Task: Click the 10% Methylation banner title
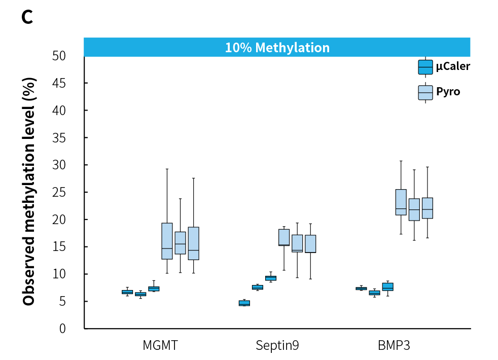pos(277,48)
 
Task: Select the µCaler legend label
pos(453,66)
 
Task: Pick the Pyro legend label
pos(448,92)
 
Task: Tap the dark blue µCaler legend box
pos(425,67)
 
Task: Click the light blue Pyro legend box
pos(425,92)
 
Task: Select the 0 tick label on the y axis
pos(62,329)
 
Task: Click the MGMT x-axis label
pos(160,346)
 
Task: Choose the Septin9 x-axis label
pos(277,346)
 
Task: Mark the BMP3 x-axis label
pos(394,346)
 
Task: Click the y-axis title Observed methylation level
pos(29,192)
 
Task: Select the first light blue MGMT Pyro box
pos(167,241)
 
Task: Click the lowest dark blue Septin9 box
pos(244,303)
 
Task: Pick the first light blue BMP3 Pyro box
pos(401,202)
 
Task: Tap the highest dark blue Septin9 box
pos(270,278)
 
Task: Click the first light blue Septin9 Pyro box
pos(284,237)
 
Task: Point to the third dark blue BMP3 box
pos(387,286)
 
